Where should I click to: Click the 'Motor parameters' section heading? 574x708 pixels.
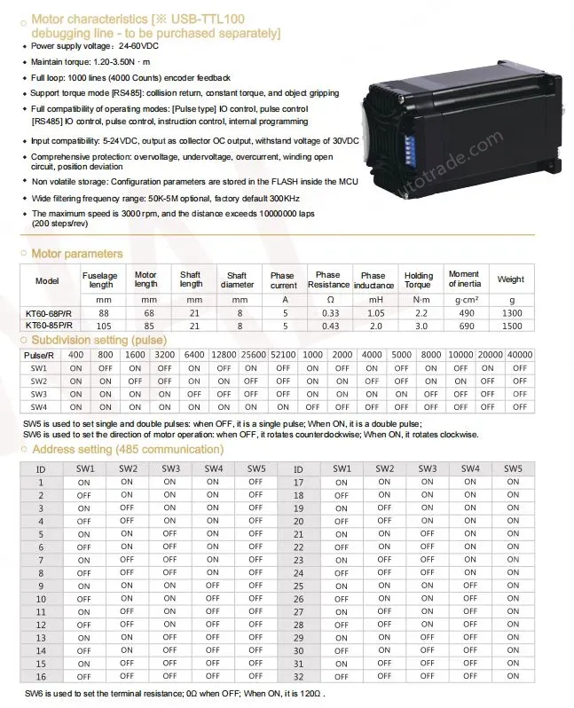[x=77, y=254]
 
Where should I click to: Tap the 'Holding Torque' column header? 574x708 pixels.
[x=419, y=280]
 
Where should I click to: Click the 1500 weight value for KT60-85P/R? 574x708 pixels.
[x=511, y=326]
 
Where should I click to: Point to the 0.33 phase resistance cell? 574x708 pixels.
[x=330, y=312]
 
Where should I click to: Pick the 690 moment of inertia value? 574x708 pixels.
[x=464, y=326]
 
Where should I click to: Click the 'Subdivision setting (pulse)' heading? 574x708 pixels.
[x=98, y=340]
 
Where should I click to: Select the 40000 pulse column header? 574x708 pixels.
[x=521, y=354]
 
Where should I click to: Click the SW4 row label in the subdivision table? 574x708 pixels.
[x=39, y=407]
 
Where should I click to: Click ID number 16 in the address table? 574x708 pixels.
[x=40, y=677]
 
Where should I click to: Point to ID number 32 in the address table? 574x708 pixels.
[x=298, y=677]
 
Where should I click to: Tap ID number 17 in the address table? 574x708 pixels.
[x=298, y=483]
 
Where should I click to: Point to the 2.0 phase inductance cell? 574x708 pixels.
[x=373, y=326]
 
